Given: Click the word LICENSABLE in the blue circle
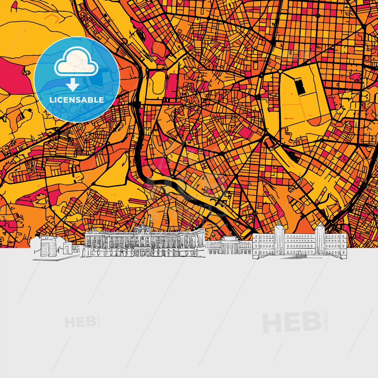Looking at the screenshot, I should coord(77,100).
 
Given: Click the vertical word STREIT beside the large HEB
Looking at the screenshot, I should coord(326,320).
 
